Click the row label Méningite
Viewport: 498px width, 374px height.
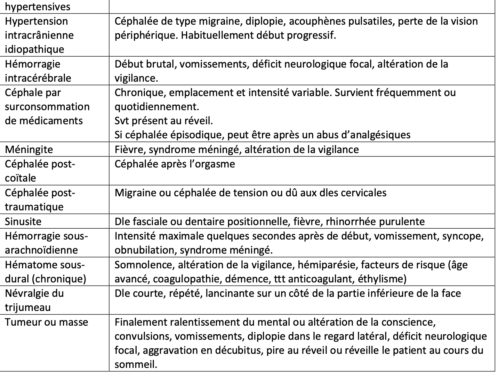(x=29, y=150)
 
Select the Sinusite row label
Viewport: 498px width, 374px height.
(x=23, y=222)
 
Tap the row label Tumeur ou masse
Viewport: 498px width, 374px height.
(x=46, y=322)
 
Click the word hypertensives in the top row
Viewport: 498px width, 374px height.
(x=37, y=7)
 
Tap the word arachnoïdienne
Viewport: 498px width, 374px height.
(x=41, y=250)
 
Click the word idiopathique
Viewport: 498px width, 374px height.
(x=34, y=49)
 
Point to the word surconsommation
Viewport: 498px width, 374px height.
(x=47, y=107)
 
